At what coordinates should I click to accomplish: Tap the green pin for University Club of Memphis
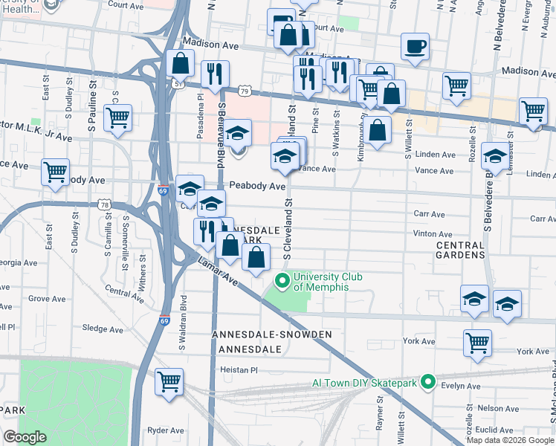pos(282,281)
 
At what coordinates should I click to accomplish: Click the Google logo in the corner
pos(25,436)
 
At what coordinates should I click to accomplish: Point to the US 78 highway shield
pos(104,204)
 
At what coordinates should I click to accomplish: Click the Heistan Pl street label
pos(238,369)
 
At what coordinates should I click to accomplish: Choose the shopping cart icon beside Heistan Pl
pos(169,381)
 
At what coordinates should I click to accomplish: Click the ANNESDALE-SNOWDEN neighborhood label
pos(271,334)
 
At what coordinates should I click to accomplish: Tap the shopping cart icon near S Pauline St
pos(117,117)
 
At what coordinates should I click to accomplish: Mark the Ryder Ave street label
pos(166,430)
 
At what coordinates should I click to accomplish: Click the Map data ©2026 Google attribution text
pos(509,439)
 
